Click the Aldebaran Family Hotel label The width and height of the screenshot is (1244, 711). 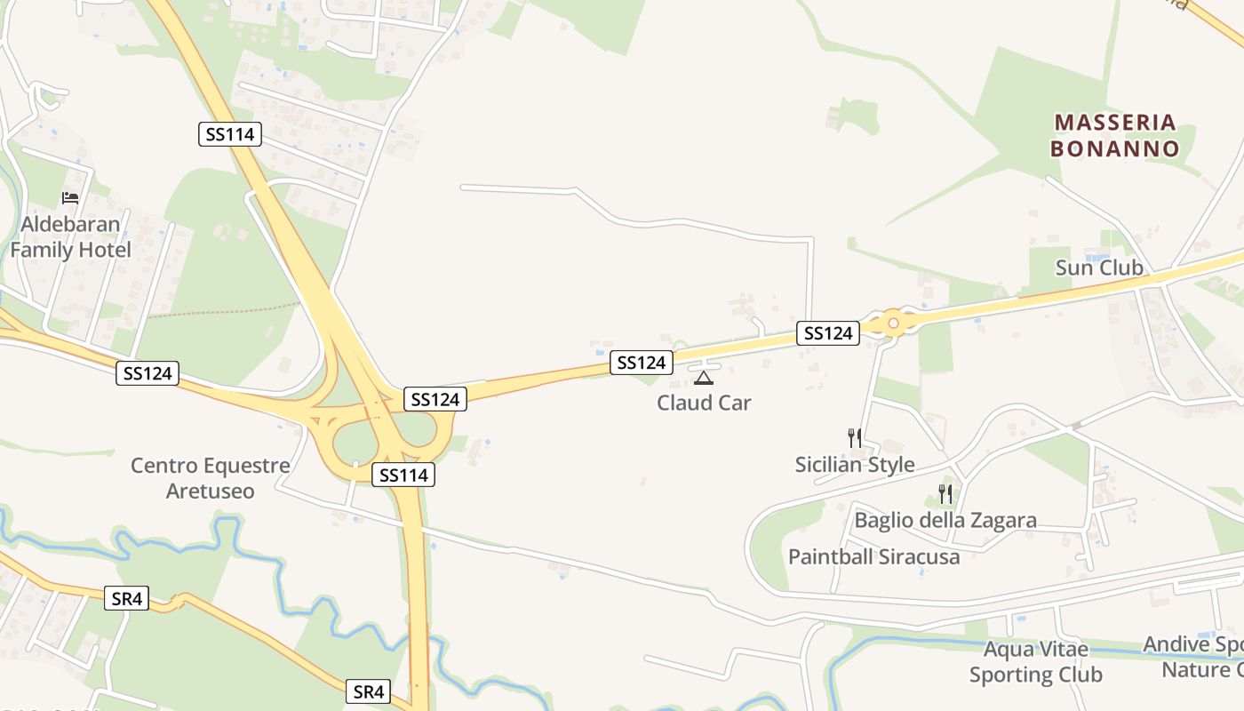[70, 237]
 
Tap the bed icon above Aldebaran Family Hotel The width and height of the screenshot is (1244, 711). [70, 197]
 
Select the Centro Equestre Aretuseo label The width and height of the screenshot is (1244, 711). [211, 478]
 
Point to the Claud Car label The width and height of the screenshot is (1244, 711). [704, 403]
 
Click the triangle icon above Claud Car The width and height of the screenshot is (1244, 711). [703, 378]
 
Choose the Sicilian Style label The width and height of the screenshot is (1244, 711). [854, 465]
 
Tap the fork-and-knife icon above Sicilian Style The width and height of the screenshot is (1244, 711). [854, 437]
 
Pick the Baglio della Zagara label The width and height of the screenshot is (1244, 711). [945, 520]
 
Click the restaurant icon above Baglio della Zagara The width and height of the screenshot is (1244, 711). [945, 493]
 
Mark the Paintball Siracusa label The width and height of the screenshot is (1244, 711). [874, 557]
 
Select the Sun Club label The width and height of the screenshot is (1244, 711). [1099, 268]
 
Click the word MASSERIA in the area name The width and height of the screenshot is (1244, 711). [1115, 122]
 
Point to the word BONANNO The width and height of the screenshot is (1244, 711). [1115, 148]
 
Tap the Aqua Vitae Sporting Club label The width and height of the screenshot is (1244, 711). [1036, 662]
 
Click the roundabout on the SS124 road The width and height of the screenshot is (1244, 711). [893, 324]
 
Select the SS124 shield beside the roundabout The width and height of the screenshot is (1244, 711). [827, 333]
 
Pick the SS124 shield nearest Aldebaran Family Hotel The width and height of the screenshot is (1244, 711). [148, 373]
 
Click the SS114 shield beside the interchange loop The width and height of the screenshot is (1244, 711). [403, 475]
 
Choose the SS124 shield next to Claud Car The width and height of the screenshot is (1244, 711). [642, 363]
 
